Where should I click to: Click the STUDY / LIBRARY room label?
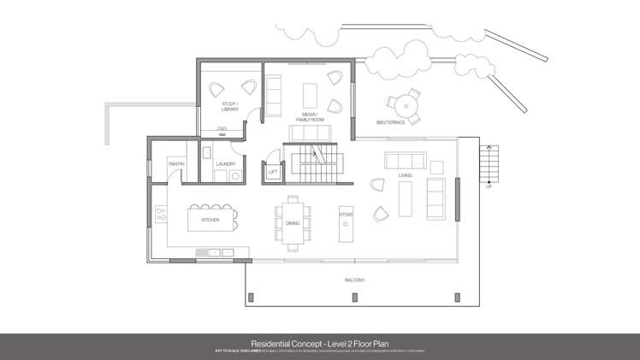point(229,108)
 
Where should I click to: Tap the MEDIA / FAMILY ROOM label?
point(310,117)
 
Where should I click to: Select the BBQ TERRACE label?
point(390,123)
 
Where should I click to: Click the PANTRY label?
point(177,163)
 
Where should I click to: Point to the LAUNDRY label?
point(226,163)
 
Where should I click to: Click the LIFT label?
point(273,173)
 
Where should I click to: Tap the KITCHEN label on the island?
point(210,220)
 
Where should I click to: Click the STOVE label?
point(346,214)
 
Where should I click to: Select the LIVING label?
point(405,175)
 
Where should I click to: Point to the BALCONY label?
point(355,280)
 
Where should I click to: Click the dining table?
point(294,221)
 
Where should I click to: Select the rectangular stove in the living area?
point(346,231)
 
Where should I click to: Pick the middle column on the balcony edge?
point(353,298)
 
